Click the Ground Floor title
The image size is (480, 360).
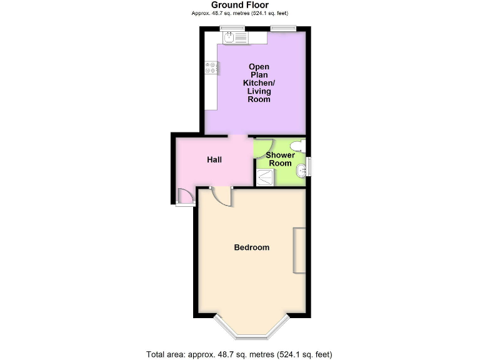click(240, 5)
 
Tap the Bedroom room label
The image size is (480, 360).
click(251, 247)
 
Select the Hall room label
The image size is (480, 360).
click(214, 159)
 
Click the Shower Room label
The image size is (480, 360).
click(280, 159)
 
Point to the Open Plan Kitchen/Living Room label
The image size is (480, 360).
click(259, 83)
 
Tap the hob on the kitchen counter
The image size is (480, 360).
click(211, 67)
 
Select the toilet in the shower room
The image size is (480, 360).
click(301, 146)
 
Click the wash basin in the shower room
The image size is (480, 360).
click(302, 169)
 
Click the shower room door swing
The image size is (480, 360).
click(261, 147)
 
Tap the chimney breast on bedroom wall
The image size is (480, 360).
click(300, 250)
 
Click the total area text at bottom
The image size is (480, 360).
click(240, 354)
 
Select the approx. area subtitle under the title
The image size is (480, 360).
click(240, 13)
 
